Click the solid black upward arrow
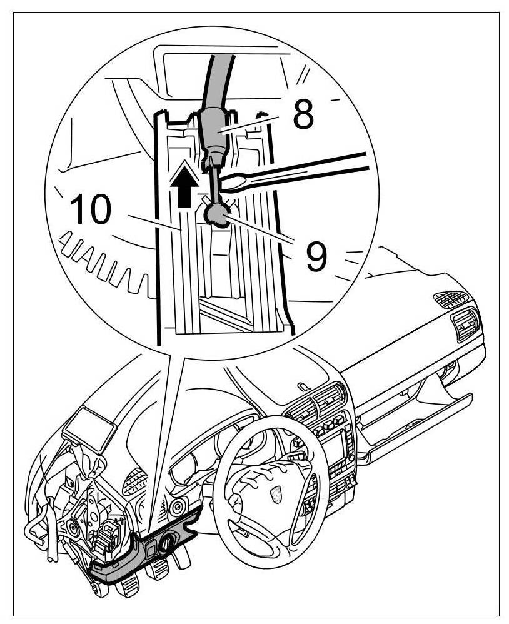pyautogui.click(x=183, y=184)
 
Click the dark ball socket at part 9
pyautogui.click(x=216, y=216)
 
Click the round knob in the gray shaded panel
pyautogui.click(x=168, y=546)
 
